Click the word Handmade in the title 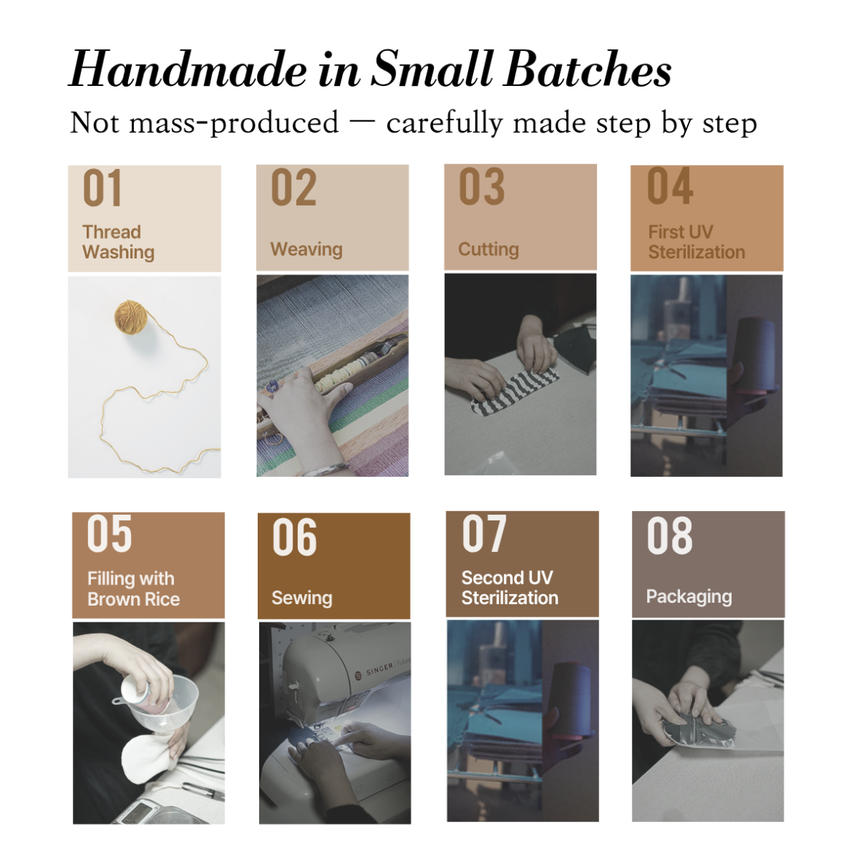(x=188, y=69)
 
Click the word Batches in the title (x=587, y=69)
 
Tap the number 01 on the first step (x=102, y=188)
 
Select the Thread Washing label (x=119, y=242)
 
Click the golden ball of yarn (x=131, y=317)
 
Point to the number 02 (x=293, y=188)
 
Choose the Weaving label (x=306, y=249)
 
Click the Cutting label (x=488, y=249)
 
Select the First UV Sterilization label (x=696, y=242)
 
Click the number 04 (x=670, y=186)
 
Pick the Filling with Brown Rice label (x=133, y=589)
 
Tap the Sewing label (x=302, y=598)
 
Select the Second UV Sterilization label (x=510, y=587)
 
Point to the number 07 (x=484, y=534)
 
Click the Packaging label (x=689, y=597)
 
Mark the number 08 (x=670, y=535)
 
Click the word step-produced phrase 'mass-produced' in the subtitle (x=234, y=123)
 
